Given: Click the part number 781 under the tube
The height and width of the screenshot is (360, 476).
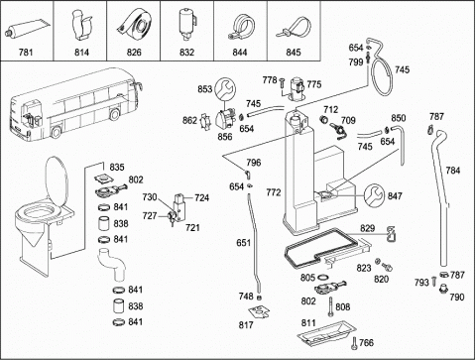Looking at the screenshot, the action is [26, 53].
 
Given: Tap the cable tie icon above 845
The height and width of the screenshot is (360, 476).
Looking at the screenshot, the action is [295, 28].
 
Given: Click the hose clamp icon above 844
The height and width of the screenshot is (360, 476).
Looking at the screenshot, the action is [241, 28].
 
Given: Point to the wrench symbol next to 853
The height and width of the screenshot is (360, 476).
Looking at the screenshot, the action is [225, 88].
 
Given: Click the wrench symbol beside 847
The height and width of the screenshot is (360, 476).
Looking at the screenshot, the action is [375, 194].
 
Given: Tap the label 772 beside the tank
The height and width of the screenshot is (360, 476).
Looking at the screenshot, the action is [274, 192].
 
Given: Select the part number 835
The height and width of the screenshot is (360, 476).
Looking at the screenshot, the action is [117, 168].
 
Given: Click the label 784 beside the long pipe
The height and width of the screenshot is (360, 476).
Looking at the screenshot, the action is [453, 171].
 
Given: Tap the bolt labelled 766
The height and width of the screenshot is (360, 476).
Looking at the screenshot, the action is [354, 343].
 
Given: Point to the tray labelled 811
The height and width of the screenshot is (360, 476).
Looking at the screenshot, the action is [326, 333].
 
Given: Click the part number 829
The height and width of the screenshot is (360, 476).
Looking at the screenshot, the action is [368, 228].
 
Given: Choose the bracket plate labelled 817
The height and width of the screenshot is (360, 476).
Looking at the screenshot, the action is [259, 311].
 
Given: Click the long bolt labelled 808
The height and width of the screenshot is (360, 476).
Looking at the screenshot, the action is [330, 306].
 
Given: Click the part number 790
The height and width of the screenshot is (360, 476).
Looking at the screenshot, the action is [457, 298].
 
